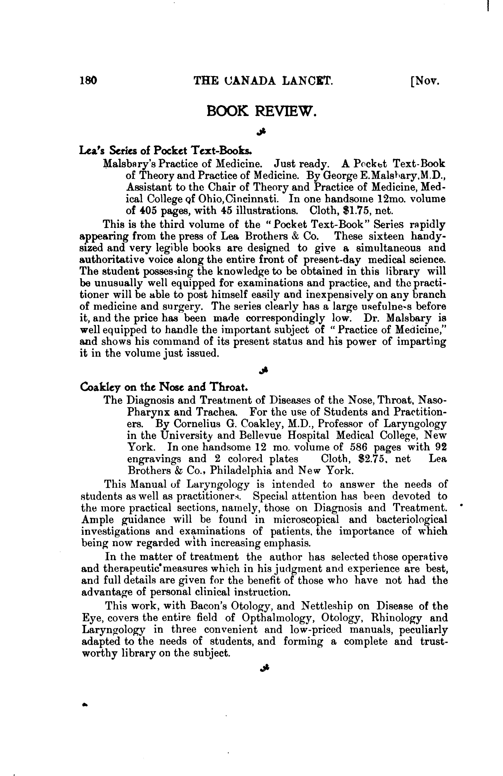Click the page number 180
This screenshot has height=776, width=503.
pos(88,80)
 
